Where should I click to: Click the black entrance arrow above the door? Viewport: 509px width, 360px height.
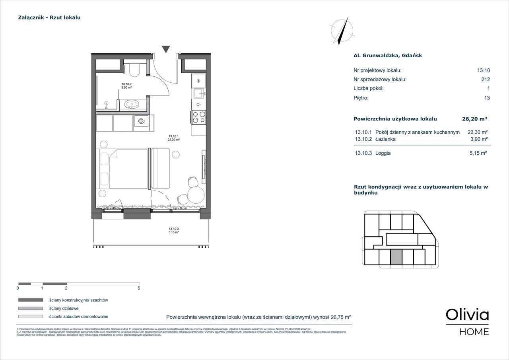point(166,49)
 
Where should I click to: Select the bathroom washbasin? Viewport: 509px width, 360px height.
point(131,104)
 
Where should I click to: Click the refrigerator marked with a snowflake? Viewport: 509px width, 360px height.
point(198,81)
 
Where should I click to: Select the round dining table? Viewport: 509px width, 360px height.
point(196,195)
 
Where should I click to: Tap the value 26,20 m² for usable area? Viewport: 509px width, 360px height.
point(474,119)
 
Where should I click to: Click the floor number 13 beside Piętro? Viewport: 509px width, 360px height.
point(487,98)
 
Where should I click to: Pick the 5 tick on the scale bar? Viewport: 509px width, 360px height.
point(139,288)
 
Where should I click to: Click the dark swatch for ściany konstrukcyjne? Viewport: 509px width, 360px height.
point(30,300)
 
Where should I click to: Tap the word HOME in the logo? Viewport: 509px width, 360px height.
point(474,332)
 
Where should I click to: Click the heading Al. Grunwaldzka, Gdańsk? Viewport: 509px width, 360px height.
point(388,56)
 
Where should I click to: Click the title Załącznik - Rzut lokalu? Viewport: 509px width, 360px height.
point(49,18)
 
